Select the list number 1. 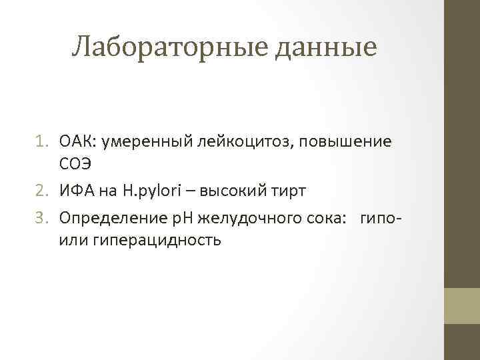coord(46,142)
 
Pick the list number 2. coord(46,191)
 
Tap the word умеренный coord(137,142)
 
